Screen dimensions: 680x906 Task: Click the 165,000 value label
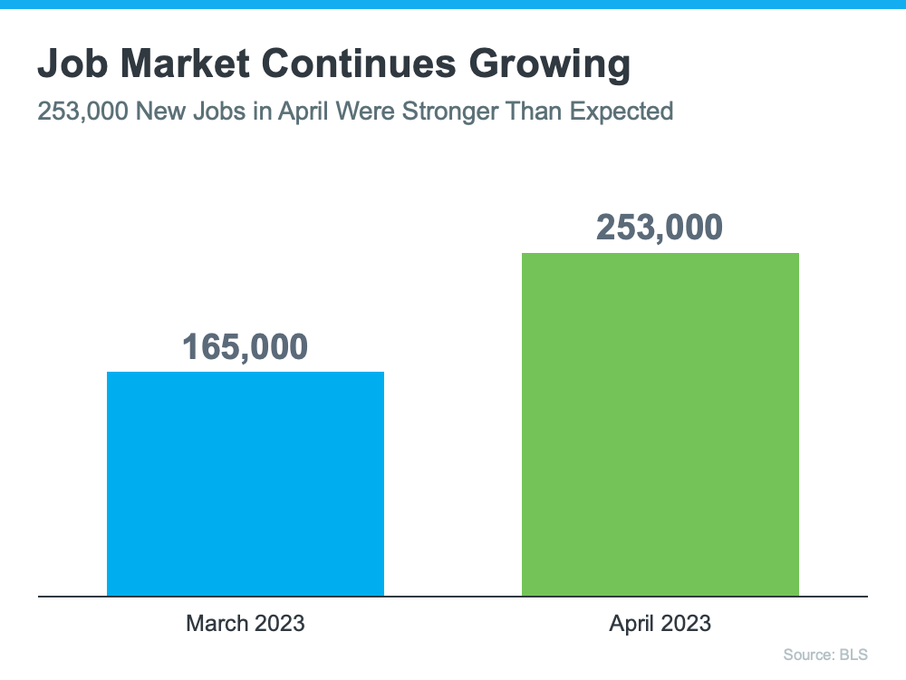point(246,346)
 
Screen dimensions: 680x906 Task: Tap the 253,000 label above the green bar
point(660,228)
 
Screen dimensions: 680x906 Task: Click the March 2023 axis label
point(246,624)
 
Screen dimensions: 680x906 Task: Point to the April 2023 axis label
point(660,624)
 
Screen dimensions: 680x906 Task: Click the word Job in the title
point(69,65)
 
